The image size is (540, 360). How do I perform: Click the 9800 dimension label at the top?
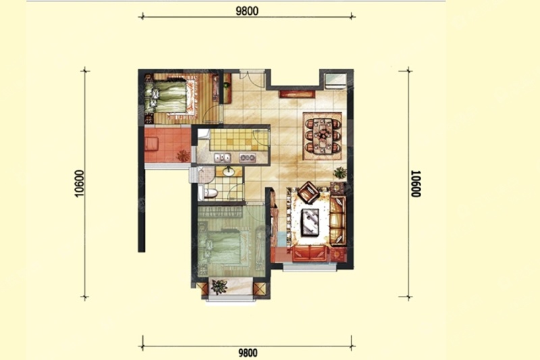pyautogui.click(x=247, y=11)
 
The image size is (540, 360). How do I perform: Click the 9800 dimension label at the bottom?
pyautogui.click(x=248, y=353)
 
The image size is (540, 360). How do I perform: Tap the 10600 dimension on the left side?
pyautogui.click(x=79, y=184)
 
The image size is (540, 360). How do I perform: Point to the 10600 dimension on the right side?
pyautogui.click(x=416, y=184)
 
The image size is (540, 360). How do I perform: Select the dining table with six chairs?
pyautogui.click(x=323, y=136)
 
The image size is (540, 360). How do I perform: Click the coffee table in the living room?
pyautogui.click(x=310, y=222)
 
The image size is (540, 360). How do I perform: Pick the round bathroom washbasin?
pyautogui.click(x=228, y=170)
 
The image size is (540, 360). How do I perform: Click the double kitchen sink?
pyautogui.click(x=223, y=158)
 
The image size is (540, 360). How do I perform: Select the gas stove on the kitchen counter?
pyautogui.click(x=248, y=158)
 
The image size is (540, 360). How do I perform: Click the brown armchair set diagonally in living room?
pyautogui.click(x=308, y=192)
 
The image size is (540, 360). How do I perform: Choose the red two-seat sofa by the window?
pyautogui.click(x=310, y=253)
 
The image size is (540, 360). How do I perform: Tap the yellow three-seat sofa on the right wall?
pyautogui.click(x=337, y=220)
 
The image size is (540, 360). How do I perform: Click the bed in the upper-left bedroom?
pyautogui.click(x=171, y=97)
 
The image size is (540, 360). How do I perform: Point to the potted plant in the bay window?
pyautogui.click(x=219, y=286)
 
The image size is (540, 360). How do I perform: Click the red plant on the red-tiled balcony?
pyautogui.click(x=183, y=156)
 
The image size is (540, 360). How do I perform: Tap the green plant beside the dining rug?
pyautogui.click(x=340, y=172)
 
